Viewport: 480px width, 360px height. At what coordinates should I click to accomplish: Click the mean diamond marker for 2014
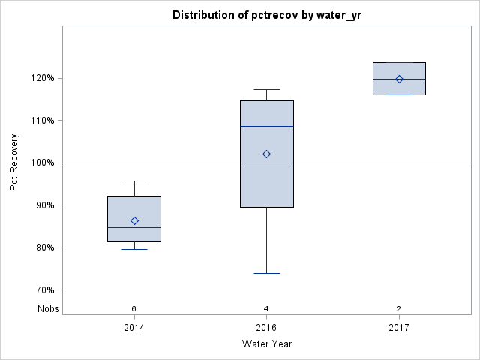134,220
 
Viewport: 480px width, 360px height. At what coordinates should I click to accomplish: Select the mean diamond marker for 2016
266,154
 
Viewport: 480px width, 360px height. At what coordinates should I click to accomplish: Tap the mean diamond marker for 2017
399,79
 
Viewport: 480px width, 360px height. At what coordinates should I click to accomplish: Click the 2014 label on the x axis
134,328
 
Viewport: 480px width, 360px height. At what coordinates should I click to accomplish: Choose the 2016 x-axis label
266,328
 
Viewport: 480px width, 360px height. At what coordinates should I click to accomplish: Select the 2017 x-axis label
399,328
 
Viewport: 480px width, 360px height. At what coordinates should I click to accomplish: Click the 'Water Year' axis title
266,344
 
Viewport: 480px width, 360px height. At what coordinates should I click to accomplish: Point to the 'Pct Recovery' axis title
15,163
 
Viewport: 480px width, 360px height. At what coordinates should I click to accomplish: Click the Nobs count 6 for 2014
134,308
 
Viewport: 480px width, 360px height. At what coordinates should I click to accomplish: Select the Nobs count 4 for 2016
266,308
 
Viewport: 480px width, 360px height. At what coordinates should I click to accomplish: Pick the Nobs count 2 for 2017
399,308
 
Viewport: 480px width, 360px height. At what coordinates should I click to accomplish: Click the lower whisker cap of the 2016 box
266,273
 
